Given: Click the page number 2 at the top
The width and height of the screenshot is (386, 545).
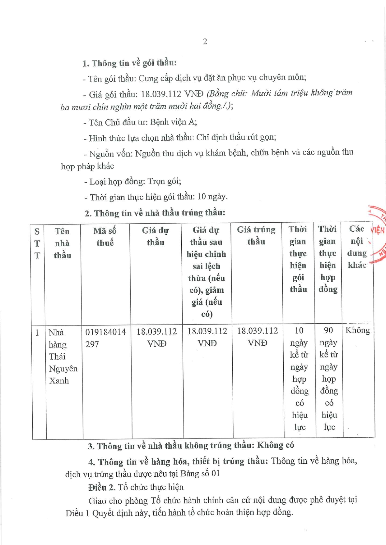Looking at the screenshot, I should [x=205, y=42].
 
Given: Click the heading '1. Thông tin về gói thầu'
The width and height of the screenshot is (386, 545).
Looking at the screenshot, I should [x=129, y=63].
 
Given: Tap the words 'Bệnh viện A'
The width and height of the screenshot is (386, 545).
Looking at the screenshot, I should [x=173, y=122].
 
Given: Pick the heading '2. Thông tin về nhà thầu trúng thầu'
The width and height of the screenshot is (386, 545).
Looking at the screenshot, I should [x=155, y=213].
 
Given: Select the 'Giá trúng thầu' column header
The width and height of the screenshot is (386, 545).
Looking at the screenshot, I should [x=256, y=236].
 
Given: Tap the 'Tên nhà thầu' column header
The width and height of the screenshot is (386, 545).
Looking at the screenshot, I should [x=62, y=243].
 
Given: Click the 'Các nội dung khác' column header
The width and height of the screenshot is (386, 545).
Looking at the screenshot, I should [x=357, y=247].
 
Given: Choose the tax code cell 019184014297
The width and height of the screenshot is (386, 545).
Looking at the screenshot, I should [x=105, y=338].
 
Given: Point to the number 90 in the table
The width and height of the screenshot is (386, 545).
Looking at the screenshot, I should [x=328, y=330].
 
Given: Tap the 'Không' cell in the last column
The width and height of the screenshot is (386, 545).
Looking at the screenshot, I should [x=357, y=330].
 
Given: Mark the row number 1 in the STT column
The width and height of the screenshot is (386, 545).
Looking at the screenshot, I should [x=37, y=333].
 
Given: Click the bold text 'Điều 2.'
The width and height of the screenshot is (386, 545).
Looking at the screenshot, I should [x=102, y=488].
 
